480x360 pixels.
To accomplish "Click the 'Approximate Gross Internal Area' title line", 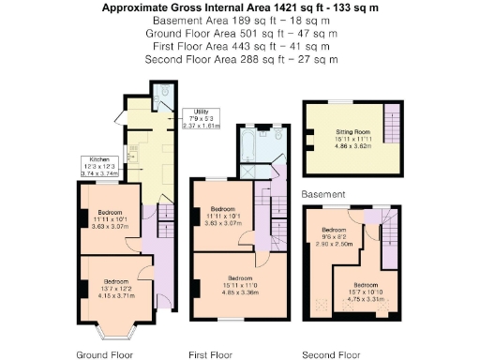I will pyautogui.click(x=240, y=7).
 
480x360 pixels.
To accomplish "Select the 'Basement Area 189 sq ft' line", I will pyautogui.click(x=240, y=20).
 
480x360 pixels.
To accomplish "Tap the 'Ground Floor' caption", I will pyautogui.click(x=104, y=354).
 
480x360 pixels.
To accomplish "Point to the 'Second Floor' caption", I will pyautogui.click(x=331, y=354).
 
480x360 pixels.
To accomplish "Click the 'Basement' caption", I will pyautogui.click(x=322, y=194).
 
